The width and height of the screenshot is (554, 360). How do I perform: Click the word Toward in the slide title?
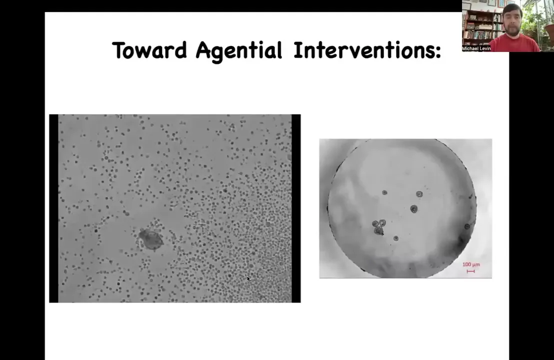[x=149, y=50]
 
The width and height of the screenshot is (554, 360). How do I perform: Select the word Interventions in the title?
[x=363, y=50]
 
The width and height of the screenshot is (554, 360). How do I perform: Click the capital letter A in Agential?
[x=203, y=50]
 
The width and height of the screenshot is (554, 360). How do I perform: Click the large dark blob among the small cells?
[x=151, y=239]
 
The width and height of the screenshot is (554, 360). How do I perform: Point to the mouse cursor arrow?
[x=248, y=278]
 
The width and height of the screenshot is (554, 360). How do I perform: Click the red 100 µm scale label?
[x=471, y=264]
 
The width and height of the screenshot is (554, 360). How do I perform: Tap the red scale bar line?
[x=470, y=271]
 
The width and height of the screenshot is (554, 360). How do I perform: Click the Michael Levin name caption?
[x=476, y=48]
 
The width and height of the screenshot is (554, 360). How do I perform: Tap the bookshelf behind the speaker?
[x=482, y=24]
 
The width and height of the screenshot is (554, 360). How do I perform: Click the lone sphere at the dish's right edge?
[x=467, y=226]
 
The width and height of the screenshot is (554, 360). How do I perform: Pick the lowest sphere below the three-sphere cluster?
[x=395, y=238]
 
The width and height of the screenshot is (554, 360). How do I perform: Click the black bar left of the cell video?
[x=53, y=208]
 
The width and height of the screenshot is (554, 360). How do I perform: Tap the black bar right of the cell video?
[x=296, y=208]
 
